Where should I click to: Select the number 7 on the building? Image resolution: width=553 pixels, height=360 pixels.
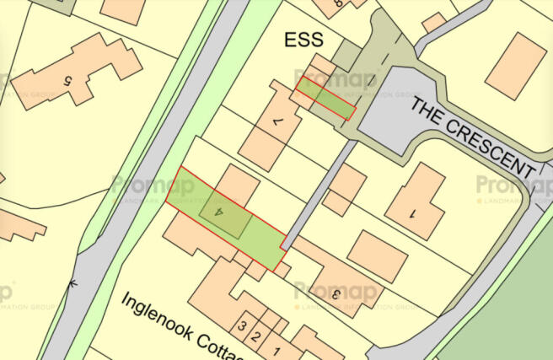[x=276, y=124]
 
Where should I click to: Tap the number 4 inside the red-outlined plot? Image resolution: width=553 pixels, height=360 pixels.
[x=221, y=214]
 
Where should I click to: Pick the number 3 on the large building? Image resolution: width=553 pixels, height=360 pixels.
[x=335, y=293]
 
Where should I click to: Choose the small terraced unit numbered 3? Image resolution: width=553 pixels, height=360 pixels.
[x=243, y=326]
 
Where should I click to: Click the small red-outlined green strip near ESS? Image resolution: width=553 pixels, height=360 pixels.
[x=325, y=98]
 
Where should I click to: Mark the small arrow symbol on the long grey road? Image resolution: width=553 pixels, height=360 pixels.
[x=74, y=284]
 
